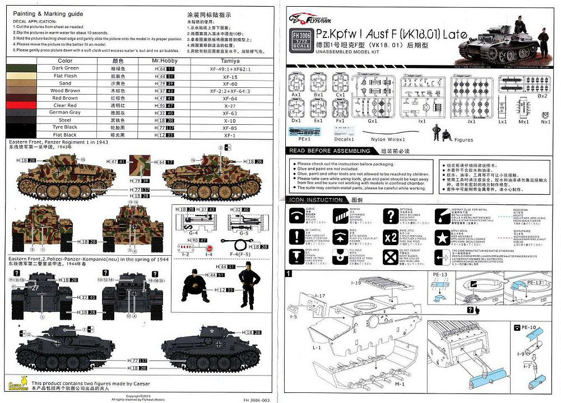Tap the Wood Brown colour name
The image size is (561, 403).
point(65,90)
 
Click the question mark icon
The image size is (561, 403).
point(390,216)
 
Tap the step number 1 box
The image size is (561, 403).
point(288,274)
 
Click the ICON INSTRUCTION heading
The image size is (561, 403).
point(316,199)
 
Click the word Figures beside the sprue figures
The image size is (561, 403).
point(463,140)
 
